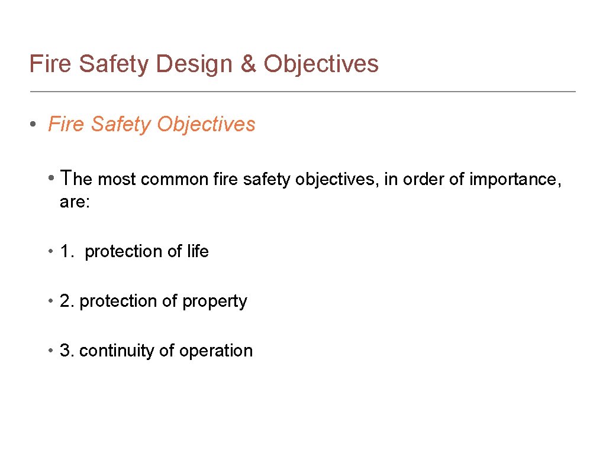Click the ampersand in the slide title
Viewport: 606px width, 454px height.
tap(249, 64)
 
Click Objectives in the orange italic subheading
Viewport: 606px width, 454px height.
tap(207, 125)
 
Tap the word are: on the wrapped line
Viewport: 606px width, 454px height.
tap(75, 203)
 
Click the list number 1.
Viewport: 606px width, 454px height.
tap(66, 252)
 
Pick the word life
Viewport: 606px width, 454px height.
tap(198, 252)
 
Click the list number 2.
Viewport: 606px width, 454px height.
tap(66, 301)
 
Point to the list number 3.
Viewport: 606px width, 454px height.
tap(66, 351)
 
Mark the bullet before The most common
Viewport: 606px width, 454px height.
tap(53, 178)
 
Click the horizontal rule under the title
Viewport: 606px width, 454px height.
tap(302, 92)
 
